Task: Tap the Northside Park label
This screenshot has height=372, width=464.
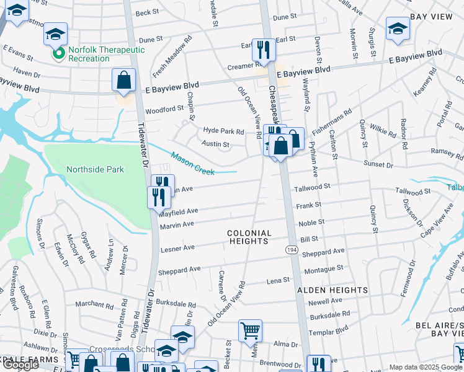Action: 96,169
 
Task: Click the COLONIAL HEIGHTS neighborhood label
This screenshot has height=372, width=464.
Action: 249,237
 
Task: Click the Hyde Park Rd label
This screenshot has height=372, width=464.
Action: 224,131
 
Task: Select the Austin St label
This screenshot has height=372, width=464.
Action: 216,144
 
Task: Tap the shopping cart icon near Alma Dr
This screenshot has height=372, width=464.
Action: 250,330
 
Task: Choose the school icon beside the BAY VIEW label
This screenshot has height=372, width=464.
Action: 397,28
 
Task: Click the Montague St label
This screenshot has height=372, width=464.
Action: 323,268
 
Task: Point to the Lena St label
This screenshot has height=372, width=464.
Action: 278,281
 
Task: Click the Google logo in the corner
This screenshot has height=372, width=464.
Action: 20,365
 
